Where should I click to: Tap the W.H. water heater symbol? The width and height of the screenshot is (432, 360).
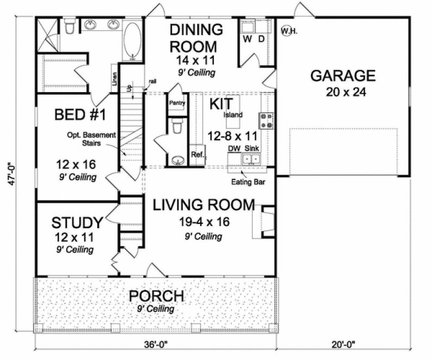[x=288, y=31]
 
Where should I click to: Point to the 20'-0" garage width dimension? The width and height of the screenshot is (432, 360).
[x=348, y=344]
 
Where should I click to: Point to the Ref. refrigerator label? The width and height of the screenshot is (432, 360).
[x=197, y=155]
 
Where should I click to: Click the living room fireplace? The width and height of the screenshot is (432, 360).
[x=259, y=222]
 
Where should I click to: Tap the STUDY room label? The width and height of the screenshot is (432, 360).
[x=77, y=223]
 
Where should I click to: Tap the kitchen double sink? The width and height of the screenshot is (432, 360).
[x=251, y=158]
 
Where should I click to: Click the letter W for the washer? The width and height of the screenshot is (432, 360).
[x=247, y=39]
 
